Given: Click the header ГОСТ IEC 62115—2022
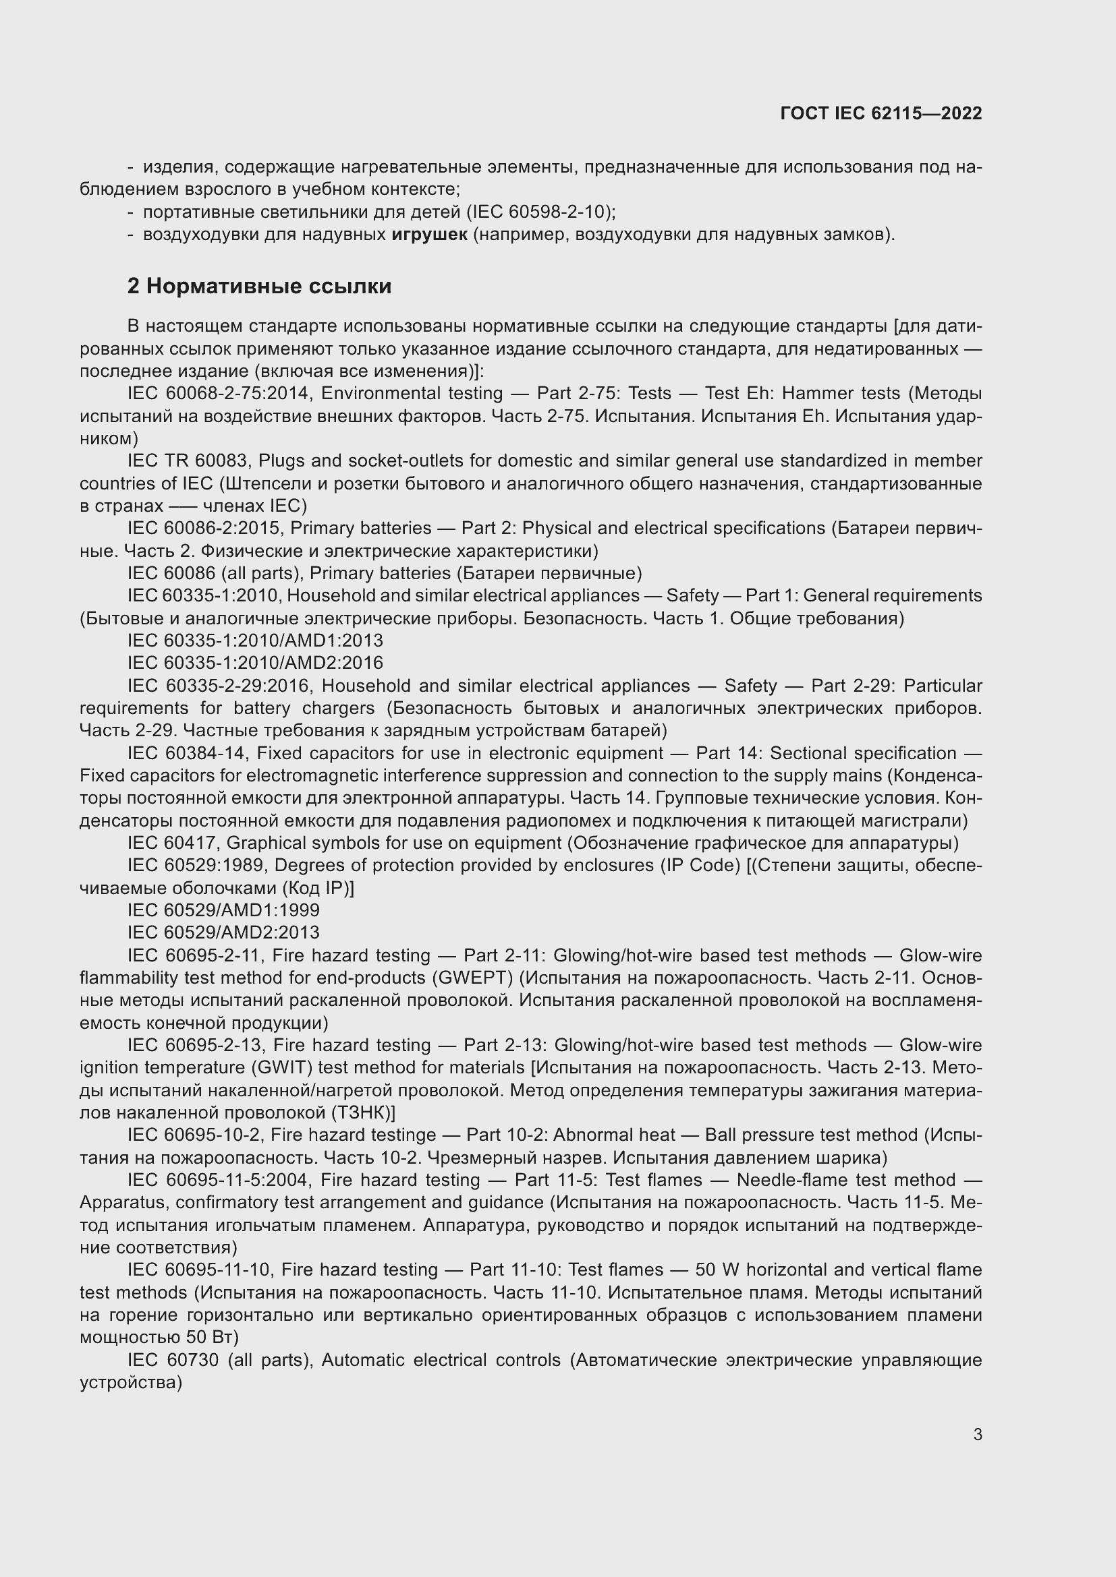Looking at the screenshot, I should (x=881, y=113).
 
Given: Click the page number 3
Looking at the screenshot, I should (x=977, y=1434).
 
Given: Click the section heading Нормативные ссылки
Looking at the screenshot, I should (x=269, y=286).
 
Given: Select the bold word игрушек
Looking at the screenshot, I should (x=430, y=235).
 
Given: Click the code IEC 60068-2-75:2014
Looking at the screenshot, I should (x=220, y=394).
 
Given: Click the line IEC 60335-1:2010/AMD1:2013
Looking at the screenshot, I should (x=255, y=641).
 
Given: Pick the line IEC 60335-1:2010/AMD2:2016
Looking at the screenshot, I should (x=255, y=663).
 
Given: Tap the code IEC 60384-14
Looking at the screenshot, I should (x=186, y=754).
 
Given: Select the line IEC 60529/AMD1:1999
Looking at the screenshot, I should (x=223, y=910).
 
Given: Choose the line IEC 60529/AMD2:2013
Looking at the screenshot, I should (x=223, y=932).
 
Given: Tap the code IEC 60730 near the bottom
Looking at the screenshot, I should (x=173, y=1360).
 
